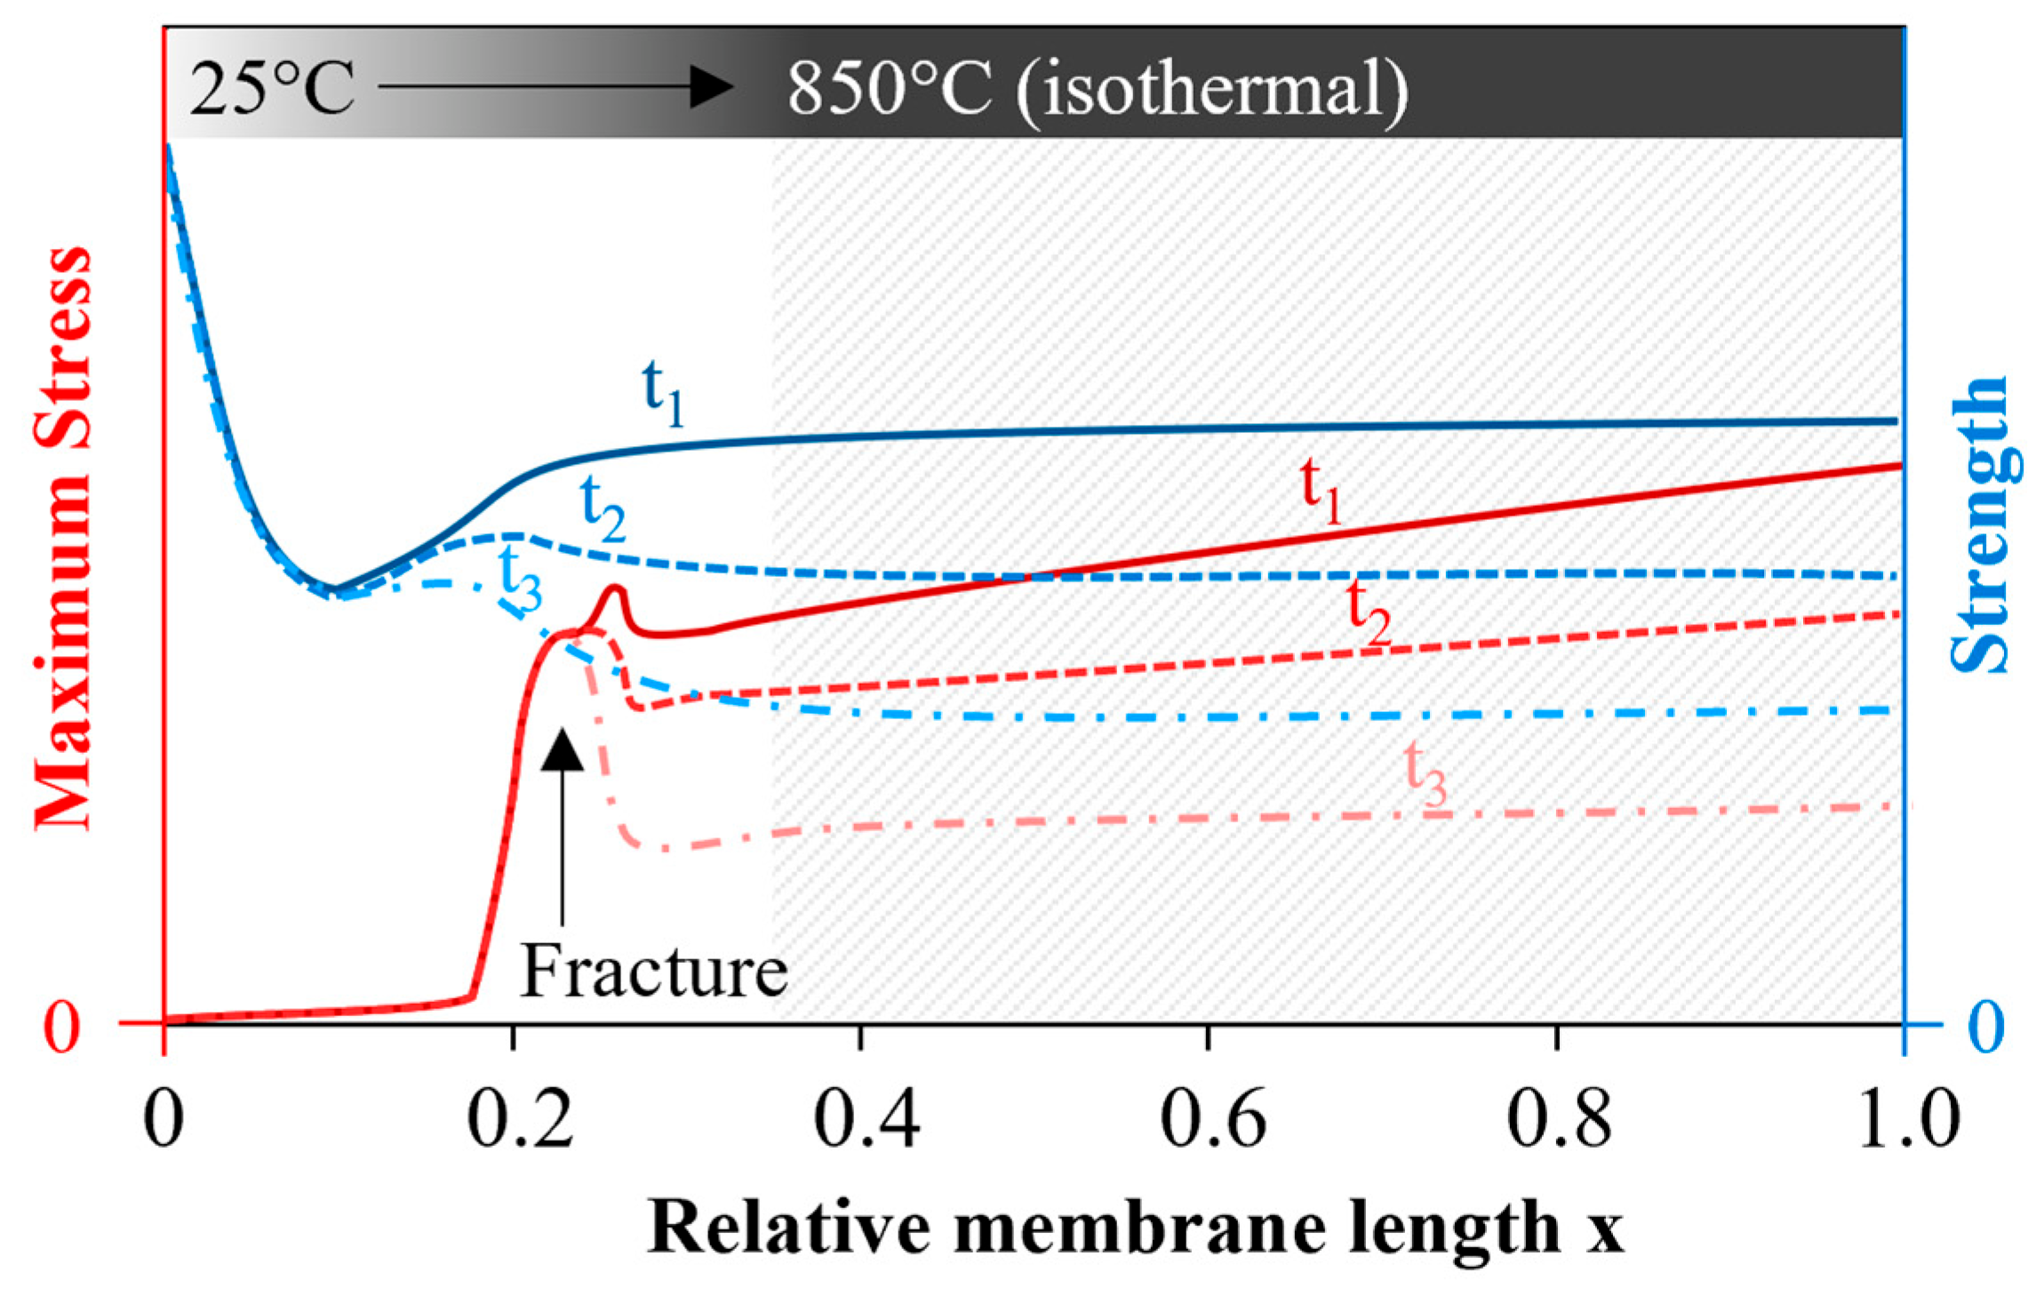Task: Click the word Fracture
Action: (x=653, y=972)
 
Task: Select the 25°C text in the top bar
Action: (x=272, y=89)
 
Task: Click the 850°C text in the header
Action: (x=889, y=89)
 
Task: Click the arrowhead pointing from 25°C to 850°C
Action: (x=711, y=87)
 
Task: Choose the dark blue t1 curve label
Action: (x=662, y=392)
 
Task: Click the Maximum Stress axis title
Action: (x=62, y=538)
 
